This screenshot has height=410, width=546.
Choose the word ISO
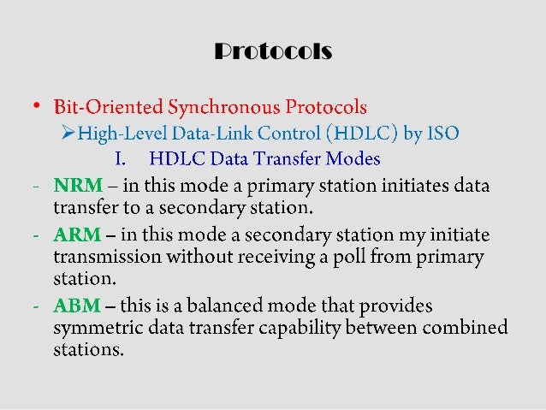click(x=443, y=133)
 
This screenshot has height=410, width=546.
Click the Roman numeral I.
click(x=119, y=159)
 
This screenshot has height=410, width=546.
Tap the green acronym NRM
click(x=72, y=186)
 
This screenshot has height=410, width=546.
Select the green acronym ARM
click(x=72, y=235)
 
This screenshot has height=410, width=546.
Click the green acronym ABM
click(x=72, y=306)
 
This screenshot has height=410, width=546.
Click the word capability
click(x=320, y=328)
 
